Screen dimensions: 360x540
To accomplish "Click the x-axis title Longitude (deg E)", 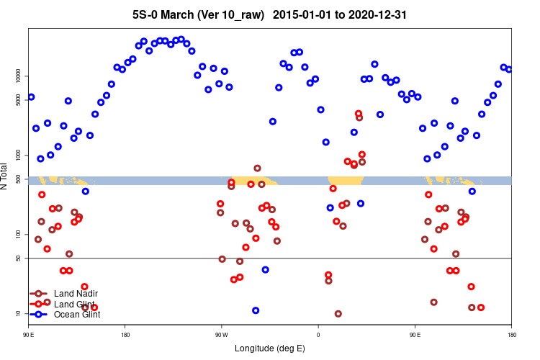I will [x=270, y=348].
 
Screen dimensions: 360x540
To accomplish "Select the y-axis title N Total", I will [x=5, y=176].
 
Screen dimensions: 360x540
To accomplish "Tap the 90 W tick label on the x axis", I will [x=221, y=335].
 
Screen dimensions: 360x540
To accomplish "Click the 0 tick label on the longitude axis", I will [x=318, y=335].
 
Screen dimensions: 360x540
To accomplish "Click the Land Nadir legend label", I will [x=76, y=294].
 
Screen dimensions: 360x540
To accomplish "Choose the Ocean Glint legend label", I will [x=77, y=315].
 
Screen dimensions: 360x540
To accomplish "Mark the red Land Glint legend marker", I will [x=38, y=304].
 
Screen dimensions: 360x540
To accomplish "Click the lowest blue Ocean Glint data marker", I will [x=256, y=310].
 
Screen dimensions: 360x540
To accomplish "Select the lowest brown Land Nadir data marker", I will [x=338, y=314].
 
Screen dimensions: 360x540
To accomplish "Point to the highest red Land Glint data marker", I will [x=359, y=114].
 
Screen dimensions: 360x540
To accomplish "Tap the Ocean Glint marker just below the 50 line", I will [x=266, y=269].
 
